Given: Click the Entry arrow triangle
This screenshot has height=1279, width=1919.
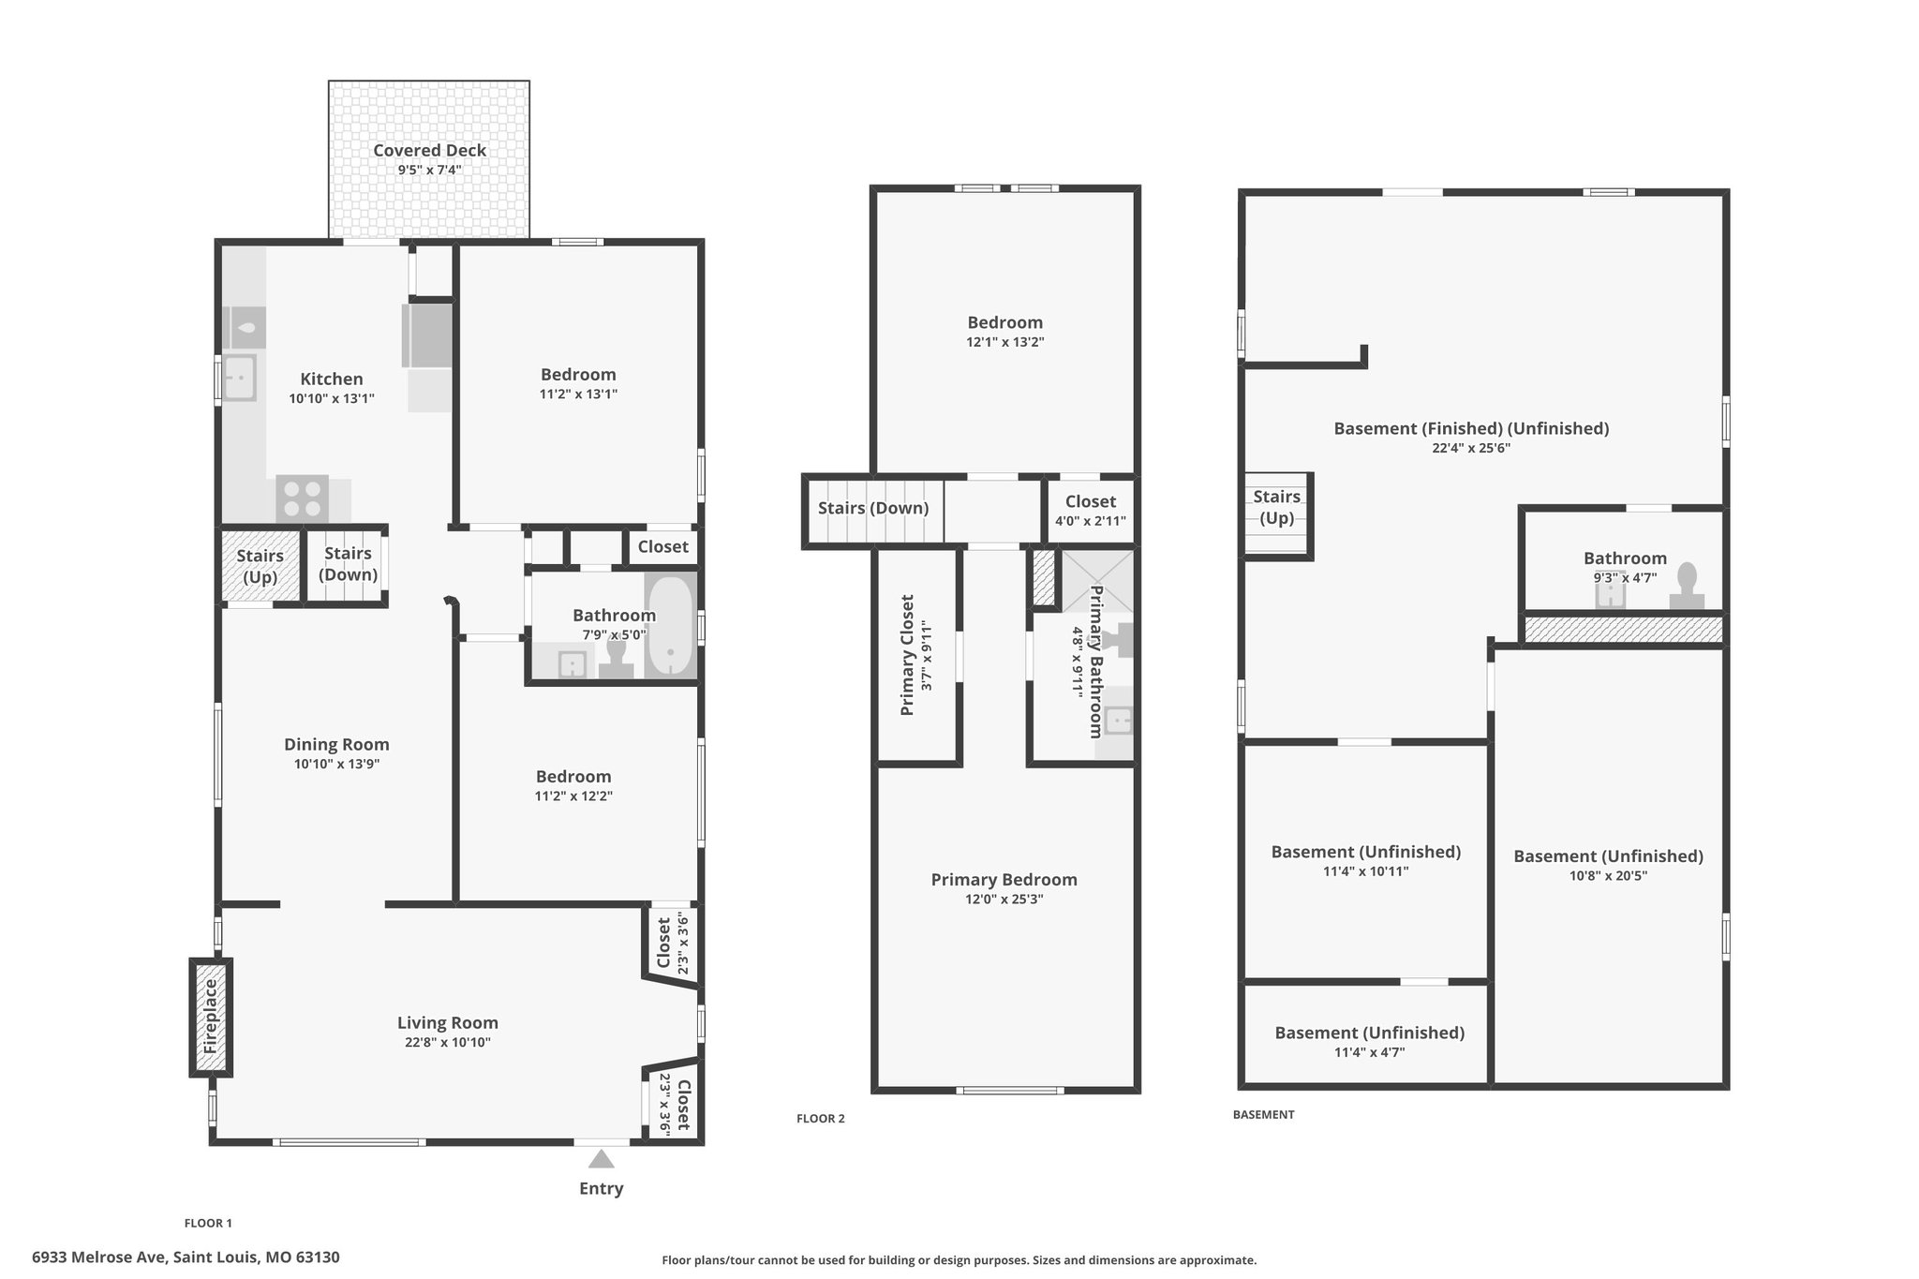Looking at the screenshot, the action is tap(601, 1159).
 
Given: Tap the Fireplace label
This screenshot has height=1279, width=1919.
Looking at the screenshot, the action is tap(211, 1017).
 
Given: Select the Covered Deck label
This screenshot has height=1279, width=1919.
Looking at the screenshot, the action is tap(429, 150).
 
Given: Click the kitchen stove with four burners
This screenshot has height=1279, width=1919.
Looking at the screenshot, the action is tap(302, 498).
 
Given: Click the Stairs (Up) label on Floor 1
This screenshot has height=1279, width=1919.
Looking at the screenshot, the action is tap(260, 566).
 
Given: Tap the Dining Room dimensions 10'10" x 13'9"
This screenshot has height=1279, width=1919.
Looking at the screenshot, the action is tap(336, 764).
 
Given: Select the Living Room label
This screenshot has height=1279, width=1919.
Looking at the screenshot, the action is tap(447, 1022).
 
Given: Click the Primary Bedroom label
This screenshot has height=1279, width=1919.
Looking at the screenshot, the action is tap(1004, 879).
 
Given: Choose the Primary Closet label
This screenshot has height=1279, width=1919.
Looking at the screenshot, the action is tap(907, 655).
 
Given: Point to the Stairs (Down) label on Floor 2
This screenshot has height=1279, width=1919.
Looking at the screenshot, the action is tap(873, 508).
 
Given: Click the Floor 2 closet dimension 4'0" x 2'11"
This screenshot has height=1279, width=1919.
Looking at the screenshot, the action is tap(1091, 521).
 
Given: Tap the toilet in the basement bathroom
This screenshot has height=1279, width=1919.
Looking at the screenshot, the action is tap(1687, 586).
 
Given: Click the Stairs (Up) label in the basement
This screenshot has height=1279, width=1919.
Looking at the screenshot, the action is tap(1276, 507).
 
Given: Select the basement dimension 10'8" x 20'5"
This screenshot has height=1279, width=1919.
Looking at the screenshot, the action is tap(1608, 876).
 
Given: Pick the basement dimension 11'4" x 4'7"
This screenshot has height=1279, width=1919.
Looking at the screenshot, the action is tap(1369, 1052).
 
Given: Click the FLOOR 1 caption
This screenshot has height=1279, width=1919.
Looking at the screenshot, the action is tap(208, 1223).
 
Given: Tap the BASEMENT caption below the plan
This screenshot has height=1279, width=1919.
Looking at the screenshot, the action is tap(1263, 1114).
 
